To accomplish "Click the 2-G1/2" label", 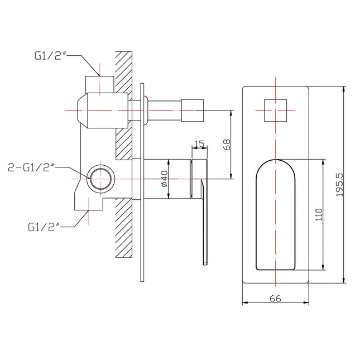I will point(31,167).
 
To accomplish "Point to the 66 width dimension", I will point(275,297).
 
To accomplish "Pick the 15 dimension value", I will point(199,143).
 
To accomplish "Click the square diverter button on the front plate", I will point(276,110).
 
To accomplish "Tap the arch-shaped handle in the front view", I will point(276,215).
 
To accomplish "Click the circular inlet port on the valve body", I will point(100,179).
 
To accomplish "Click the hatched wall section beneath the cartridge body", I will point(123,229).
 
